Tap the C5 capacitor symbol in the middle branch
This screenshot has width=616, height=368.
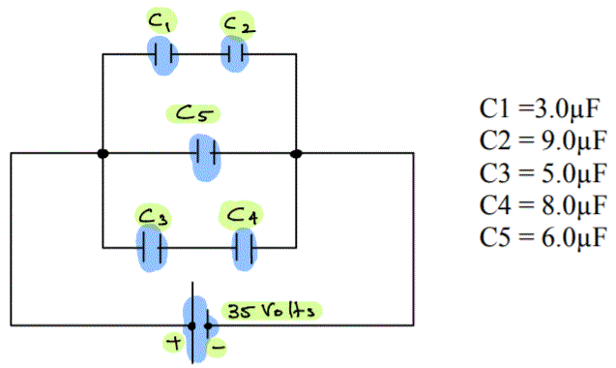(x=204, y=153)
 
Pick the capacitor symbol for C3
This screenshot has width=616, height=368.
(x=151, y=248)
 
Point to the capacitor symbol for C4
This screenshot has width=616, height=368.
(x=246, y=249)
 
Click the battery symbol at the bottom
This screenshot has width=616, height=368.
(x=198, y=325)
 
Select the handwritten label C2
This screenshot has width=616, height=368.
(x=238, y=23)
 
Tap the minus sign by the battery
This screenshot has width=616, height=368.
(x=221, y=344)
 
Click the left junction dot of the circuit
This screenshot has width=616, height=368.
(x=103, y=153)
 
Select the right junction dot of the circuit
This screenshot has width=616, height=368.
(x=296, y=153)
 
